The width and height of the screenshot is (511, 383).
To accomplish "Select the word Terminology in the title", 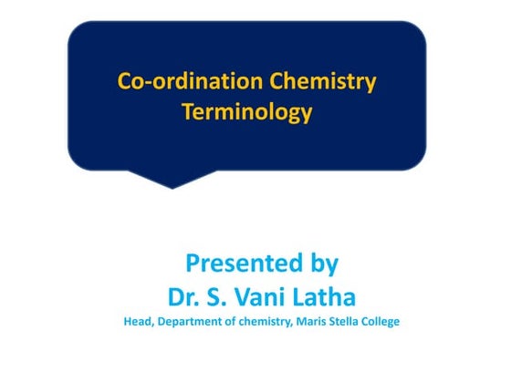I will click(247, 113).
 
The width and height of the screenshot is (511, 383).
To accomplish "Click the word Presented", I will click(239, 264).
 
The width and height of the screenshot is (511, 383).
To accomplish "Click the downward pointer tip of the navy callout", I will click(172, 187).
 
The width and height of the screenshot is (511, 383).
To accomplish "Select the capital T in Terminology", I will click(187, 113).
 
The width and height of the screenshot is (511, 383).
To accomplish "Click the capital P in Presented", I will click(193, 264).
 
